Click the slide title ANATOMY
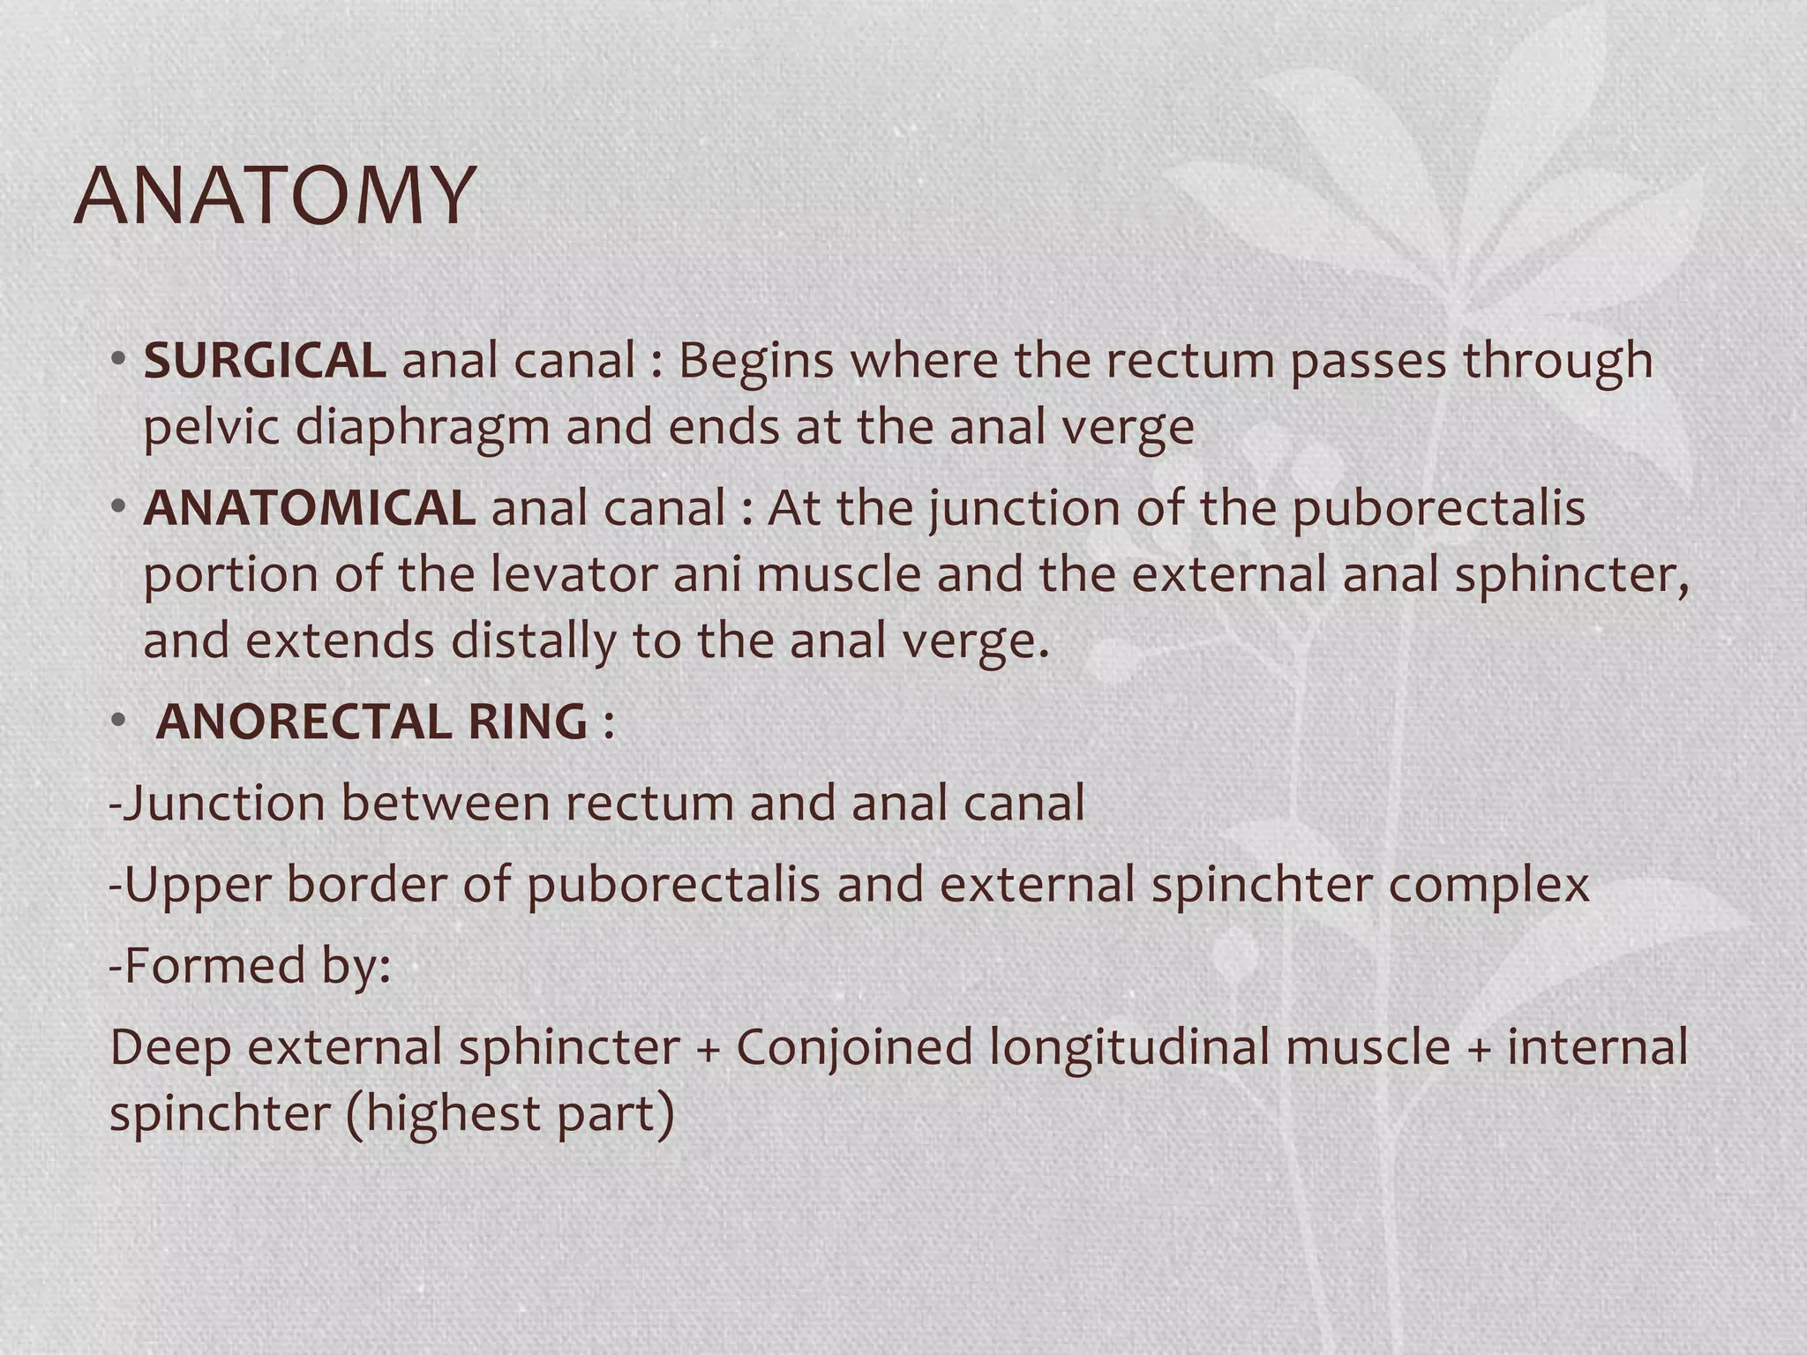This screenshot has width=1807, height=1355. click(274, 195)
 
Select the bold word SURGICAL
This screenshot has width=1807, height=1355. click(264, 361)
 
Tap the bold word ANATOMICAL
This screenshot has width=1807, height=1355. click(309, 509)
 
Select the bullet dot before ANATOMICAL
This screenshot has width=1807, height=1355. click(117, 508)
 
